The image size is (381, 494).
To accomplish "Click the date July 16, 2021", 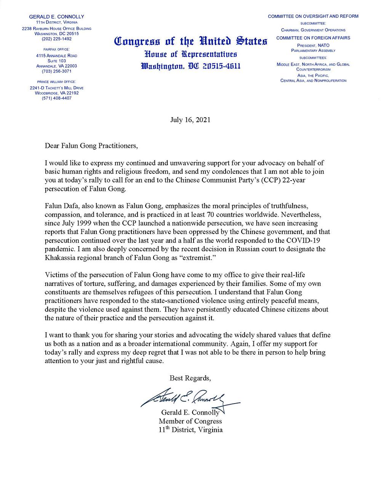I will [x=190, y=119].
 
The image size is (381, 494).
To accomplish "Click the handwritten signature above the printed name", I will [x=187, y=399].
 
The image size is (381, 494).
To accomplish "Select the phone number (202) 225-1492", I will [x=56, y=39].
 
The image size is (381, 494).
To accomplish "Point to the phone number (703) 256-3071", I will [x=56, y=71].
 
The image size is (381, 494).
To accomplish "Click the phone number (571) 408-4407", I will [x=56, y=98].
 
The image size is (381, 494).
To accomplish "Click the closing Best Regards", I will [x=190, y=378].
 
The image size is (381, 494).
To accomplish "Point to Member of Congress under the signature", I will [x=190, y=421].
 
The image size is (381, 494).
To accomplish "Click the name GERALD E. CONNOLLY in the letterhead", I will [x=56, y=17].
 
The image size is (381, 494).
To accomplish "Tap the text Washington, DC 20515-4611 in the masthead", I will [x=190, y=66].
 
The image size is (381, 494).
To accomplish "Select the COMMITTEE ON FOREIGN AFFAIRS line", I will [x=313, y=38].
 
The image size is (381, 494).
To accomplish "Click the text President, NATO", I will [x=313, y=45].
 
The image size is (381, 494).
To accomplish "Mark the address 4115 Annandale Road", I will [x=56, y=55].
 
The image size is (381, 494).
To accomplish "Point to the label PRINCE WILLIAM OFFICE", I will [x=56, y=82].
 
